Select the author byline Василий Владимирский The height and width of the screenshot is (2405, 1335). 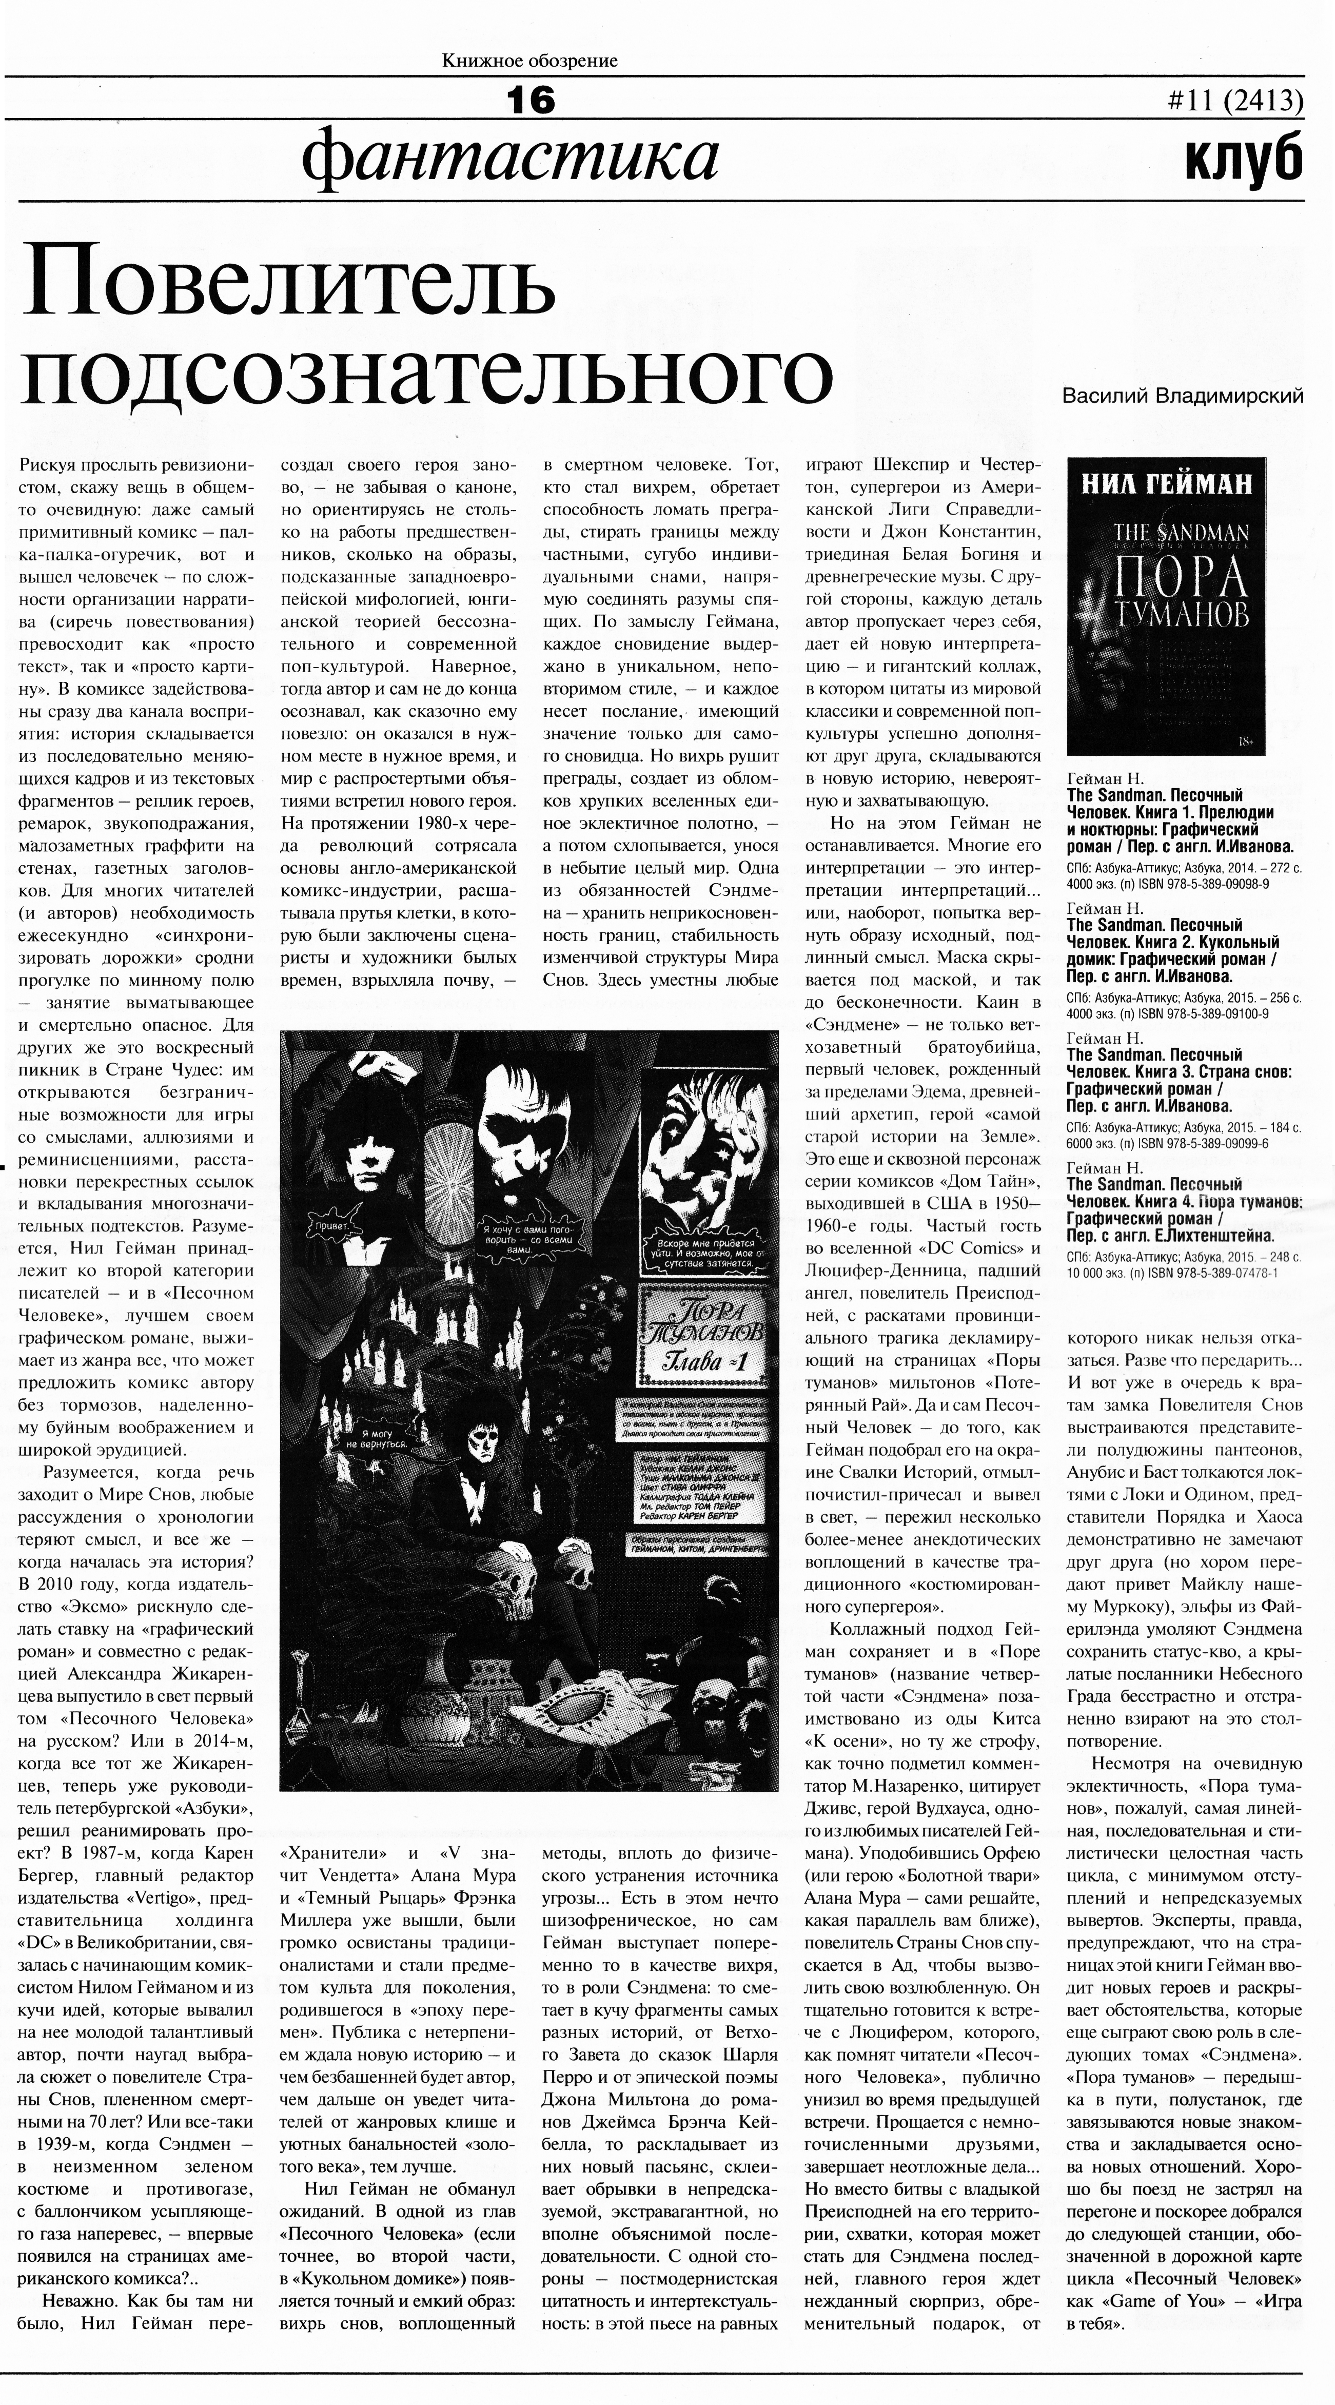pos(1183,396)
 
